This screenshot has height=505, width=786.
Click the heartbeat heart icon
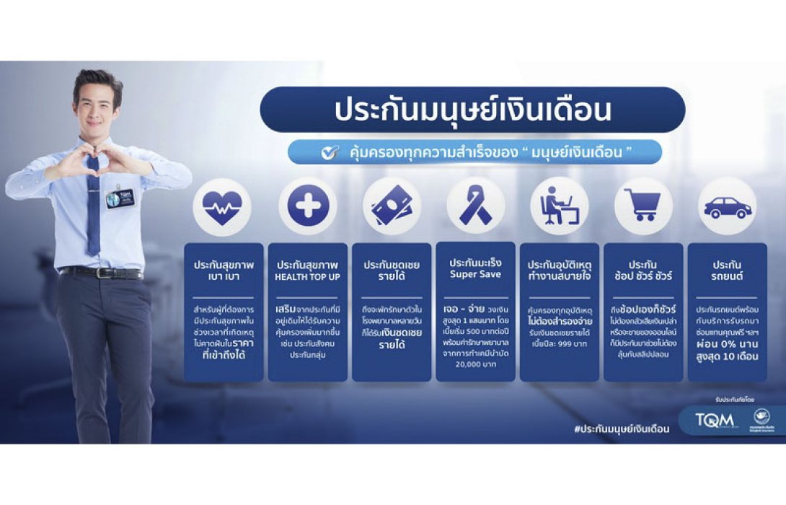coord(222,208)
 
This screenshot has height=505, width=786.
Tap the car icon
coord(727,207)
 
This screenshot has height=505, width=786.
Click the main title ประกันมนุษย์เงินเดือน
coord(472,110)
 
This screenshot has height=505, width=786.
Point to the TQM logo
coord(714,419)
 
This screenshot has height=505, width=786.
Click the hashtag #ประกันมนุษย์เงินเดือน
coord(622,429)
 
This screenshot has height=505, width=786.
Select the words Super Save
coord(475,275)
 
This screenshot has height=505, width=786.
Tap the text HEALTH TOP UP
coord(307,276)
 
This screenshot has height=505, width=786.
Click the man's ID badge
coord(116,198)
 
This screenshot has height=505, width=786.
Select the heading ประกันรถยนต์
coord(727,270)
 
